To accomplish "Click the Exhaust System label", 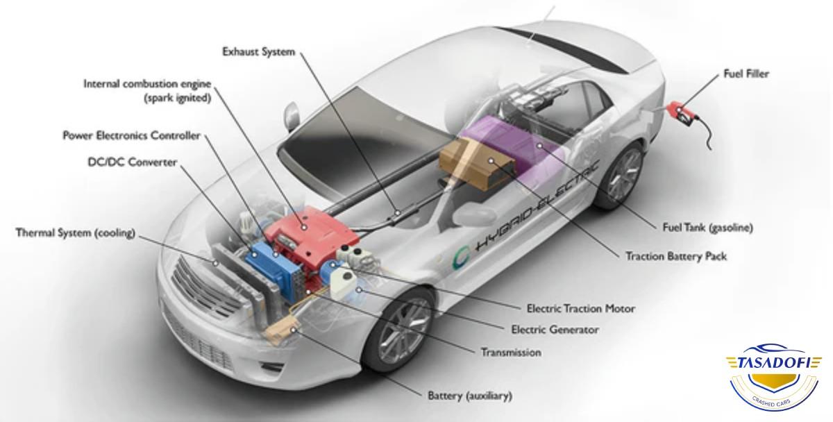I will [258, 52].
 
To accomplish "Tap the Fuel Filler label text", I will [746, 74].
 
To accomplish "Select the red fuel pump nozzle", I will [679, 110].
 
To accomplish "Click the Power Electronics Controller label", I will [131, 136].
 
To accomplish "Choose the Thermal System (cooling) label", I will [75, 233].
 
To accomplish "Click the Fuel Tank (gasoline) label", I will [707, 227].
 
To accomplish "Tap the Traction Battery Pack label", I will [675, 256].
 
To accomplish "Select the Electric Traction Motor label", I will [580, 308].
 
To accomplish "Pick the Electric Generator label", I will [554, 330].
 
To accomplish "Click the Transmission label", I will [510, 353].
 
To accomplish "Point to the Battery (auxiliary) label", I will [469, 396].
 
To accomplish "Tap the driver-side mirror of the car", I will [291, 113].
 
